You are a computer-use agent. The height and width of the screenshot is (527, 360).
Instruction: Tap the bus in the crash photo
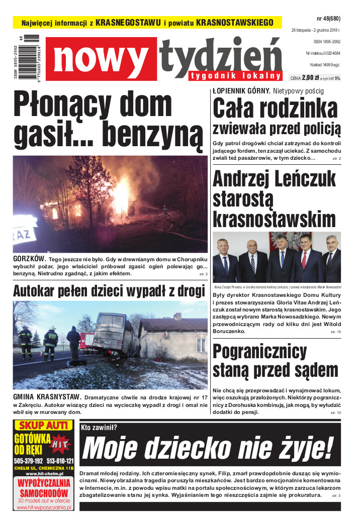(x=113, y=334)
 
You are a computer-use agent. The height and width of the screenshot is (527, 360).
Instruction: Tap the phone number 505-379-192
(x=28, y=461)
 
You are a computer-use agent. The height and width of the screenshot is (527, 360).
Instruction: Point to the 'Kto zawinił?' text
(x=99, y=428)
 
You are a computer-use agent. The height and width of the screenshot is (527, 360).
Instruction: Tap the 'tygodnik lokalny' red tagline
(x=235, y=76)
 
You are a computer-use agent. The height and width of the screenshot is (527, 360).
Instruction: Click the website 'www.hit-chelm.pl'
(x=44, y=474)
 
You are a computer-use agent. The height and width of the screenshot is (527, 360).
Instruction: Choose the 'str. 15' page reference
(x=335, y=332)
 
